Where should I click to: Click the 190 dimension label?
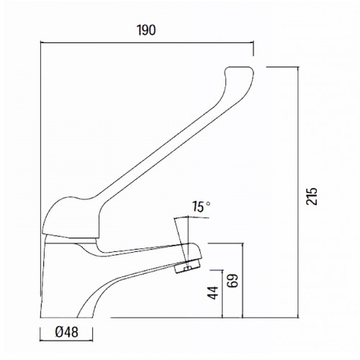tap(146, 30)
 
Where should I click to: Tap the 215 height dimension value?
tap(312, 197)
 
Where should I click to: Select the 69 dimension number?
tap(233, 280)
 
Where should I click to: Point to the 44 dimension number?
tap(213, 293)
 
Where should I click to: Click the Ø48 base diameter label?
tap(67, 332)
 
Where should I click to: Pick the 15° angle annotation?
tap(201, 207)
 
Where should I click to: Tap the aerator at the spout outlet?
tap(189, 265)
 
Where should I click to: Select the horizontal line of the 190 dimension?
tap(147, 42)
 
